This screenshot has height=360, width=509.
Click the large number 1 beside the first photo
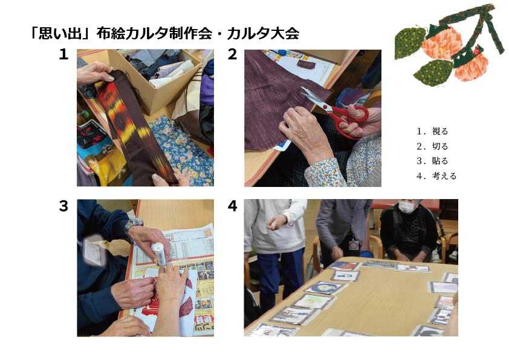click(x=63, y=54)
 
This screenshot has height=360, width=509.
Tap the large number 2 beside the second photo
click(x=232, y=54)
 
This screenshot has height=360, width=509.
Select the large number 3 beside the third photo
click(x=63, y=206)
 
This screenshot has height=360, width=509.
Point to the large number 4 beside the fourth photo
click(x=232, y=206)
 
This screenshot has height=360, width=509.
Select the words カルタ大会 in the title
click(x=263, y=33)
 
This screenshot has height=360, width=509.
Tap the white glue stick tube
click(x=159, y=254)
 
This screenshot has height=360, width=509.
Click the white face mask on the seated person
click(x=407, y=207)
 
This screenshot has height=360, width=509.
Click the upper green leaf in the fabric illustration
click(x=410, y=43)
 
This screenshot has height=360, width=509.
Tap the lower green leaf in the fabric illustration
click(x=433, y=73)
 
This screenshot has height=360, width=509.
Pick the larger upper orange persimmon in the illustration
click(x=442, y=42)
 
